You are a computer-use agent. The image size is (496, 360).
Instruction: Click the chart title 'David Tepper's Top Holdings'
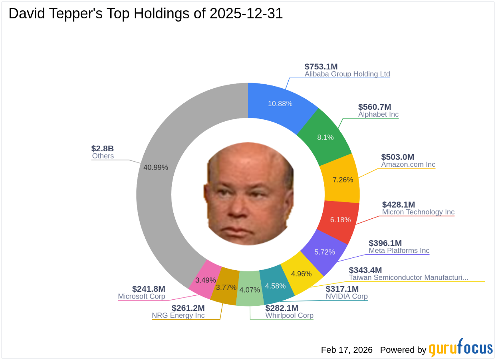145,14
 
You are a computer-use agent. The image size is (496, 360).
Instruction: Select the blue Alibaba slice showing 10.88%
280,103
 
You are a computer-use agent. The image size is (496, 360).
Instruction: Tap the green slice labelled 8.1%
325,137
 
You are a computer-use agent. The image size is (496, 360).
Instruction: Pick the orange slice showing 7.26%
343,180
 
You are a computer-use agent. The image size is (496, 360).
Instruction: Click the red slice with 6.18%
340,220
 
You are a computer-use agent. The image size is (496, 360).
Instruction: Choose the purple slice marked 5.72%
324,252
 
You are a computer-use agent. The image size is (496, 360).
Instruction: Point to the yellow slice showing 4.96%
301,274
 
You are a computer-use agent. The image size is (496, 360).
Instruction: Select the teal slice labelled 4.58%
276,286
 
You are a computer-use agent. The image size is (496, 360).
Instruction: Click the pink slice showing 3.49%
205,280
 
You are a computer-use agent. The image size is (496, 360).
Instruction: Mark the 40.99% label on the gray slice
156,167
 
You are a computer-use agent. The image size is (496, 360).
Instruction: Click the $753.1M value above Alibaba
321,67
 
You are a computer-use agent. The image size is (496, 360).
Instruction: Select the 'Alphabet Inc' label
378,115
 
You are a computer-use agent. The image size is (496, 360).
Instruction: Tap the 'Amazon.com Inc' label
408,164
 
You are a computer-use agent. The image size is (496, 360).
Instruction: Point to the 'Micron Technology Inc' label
418,212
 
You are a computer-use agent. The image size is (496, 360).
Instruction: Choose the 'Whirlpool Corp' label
289,316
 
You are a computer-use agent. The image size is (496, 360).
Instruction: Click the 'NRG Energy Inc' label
178,316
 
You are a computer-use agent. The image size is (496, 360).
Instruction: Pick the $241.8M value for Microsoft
149,289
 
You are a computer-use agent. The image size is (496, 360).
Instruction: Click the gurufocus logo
461,348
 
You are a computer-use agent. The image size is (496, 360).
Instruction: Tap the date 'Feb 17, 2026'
347,350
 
